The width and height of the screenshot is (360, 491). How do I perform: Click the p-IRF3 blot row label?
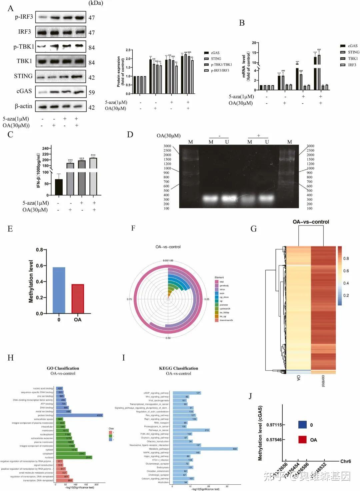pyautogui.click(x=24, y=17)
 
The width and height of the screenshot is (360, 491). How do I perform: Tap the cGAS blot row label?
pyautogui.click(x=24, y=91)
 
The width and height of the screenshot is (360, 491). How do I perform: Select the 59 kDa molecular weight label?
pyautogui.click(x=91, y=92)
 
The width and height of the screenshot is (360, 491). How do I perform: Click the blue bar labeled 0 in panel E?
pyautogui.click(x=59, y=290)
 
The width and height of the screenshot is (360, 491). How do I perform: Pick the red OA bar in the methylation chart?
pyautogui.click(x=78, y=299)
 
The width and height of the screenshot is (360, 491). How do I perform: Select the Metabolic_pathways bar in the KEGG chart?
pyautogui.click(x=203, y=449)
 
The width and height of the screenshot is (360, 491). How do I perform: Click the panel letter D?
pyautogui.click(x=130, y=134)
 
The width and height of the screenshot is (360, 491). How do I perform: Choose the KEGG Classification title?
pyautogui.click(x=179, y=368)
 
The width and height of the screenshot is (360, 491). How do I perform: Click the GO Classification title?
pyautogui.click(x=63, y=368)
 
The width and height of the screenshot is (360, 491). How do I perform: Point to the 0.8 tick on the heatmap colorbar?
pyautogui.click(x=346, y=259)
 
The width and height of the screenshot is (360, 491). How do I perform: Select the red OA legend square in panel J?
pyautogui.click(x=302, y=440)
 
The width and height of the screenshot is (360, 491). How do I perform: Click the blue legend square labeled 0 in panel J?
pyautogui.click(x=302, y=425)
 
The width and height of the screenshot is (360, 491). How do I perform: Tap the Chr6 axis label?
pyautogui.click(x=345, y=461)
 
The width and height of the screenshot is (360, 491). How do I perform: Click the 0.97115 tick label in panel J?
pyautogui.click(x=274, y=425)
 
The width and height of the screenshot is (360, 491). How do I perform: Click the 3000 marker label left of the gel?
pyautogui.click(x=167, y=146)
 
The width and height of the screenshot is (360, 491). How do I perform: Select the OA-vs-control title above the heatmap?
pyautogui.click(x=311, y=222)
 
